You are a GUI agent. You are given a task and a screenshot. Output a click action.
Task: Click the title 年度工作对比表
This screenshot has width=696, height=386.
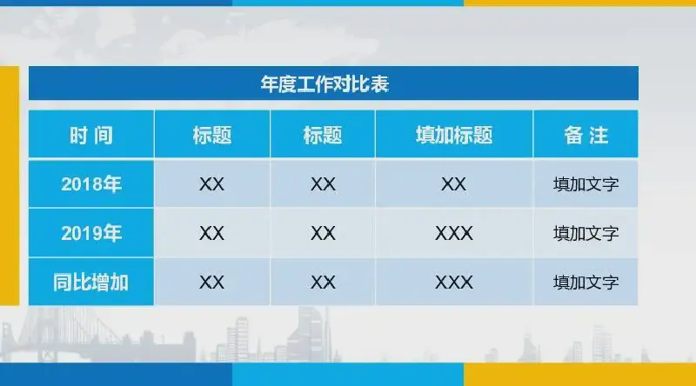pos(325,83)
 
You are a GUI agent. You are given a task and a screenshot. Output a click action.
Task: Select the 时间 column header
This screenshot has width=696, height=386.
pos(91,136)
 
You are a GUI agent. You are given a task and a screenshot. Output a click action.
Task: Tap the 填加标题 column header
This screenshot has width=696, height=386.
pos(453,136)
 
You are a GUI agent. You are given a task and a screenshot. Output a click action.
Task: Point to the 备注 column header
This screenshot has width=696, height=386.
pos(586,136)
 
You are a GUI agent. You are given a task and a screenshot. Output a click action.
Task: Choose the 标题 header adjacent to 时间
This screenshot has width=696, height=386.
pos(211,136)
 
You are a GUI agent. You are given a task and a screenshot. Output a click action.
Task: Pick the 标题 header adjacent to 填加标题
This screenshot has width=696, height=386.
pos(323,136)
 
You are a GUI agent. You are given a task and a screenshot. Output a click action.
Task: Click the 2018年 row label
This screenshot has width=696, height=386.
pos(91,184)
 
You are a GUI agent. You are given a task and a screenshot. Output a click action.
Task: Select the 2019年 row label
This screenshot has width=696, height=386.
pos(91,233)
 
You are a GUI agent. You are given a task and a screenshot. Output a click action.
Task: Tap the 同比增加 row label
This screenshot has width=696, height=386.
pos(90,283)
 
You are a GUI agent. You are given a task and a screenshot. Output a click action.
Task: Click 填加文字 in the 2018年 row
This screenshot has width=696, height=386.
pos(586,184)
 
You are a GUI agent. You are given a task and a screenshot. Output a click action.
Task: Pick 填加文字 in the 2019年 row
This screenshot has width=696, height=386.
pos(586,233)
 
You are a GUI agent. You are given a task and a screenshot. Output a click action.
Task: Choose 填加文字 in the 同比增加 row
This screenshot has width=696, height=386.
pos(586,283)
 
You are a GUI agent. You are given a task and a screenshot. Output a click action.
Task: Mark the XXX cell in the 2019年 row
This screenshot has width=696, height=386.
pos(453,233)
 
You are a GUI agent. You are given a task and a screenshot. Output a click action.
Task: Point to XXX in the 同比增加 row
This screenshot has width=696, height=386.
pos(453,283)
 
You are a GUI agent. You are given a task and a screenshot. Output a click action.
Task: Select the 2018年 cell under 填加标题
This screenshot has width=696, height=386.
pos(453,184)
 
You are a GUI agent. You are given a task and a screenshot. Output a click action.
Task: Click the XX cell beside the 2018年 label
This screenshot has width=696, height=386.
pos(211,184)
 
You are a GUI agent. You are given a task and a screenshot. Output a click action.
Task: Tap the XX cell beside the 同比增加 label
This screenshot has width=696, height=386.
pos(211,283)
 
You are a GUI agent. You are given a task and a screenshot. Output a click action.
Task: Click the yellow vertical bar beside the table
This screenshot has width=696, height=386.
pos(10,186)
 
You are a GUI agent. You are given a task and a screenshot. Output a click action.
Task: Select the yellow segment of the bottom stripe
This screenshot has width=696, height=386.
pos(579,375)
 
